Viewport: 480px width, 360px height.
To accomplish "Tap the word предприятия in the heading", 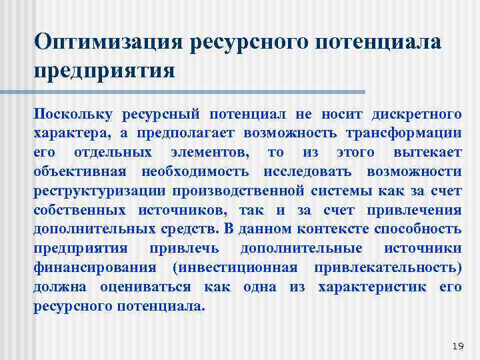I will coord(105,70).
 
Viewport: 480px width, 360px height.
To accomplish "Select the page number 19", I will coord(457,345).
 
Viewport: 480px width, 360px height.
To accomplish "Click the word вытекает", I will coord(427,152).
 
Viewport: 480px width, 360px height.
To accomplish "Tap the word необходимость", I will coord(195,171).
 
